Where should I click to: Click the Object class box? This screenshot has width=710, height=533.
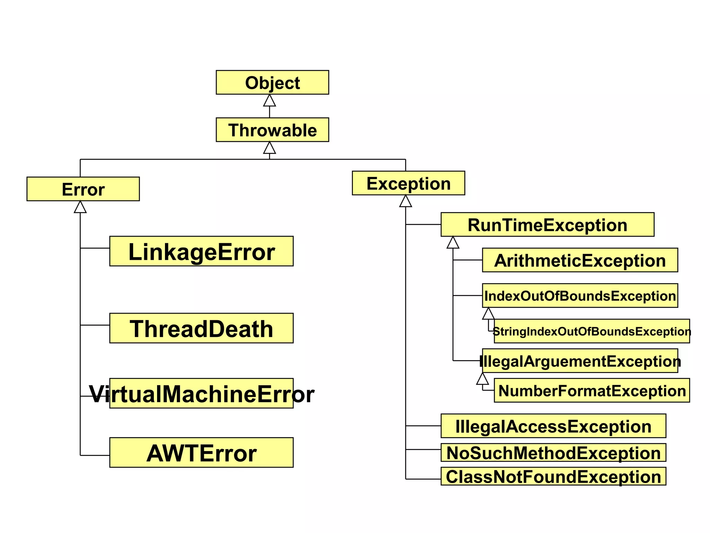pos(272,83)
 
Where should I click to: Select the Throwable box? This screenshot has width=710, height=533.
pos(272,130)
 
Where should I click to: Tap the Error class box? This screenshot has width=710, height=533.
pos(83,189)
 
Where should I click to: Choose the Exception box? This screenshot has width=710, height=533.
pos(408,183)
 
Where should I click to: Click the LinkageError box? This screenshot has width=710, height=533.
pos(201,251)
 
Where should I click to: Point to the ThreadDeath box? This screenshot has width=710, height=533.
pos(201,328)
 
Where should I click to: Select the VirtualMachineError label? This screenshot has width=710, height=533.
pos(201,394)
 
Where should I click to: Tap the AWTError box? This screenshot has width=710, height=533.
pos(201,452)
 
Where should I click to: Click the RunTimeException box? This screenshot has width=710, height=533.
pos(547,225)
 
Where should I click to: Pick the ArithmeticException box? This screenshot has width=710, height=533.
pos(580,260)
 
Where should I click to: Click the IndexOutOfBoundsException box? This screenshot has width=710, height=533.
pos(580,296)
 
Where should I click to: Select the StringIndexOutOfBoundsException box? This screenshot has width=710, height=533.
pos(591,331)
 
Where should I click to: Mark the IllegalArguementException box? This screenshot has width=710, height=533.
pos(580,361)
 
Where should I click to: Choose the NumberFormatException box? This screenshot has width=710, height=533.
pos(591,390)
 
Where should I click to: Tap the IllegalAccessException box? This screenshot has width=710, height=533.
pos(553,426)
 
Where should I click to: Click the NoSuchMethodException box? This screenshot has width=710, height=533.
pos(553,452)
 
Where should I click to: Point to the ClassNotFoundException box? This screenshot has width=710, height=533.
pos(553,476)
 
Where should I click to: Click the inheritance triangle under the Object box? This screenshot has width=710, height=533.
pos(269,101)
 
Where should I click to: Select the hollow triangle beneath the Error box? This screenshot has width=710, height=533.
pos(80,208)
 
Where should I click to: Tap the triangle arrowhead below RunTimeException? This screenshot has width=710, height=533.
pos(453,243)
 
